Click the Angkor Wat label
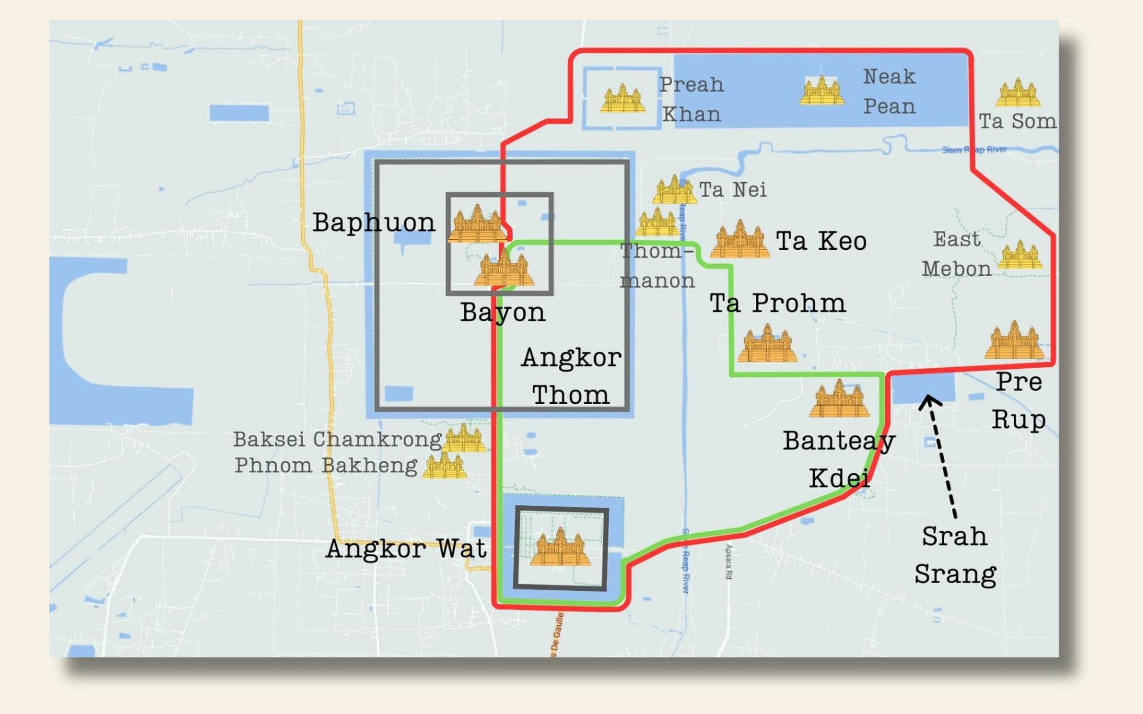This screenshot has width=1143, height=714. (x=406, y=549)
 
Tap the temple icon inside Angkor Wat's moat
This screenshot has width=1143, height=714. (x=560, y=548)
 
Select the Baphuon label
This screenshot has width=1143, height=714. (x=374, y=223)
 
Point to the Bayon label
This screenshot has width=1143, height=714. (x=502, y=312)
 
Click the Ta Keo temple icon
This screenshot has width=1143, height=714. (x=740, y=240)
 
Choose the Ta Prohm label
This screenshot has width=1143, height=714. (x=777, y=303)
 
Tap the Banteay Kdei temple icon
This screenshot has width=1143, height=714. (x=839, y=399)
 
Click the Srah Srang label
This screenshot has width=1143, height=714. (x=955, y=555)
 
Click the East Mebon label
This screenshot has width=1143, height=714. (x=957, y=254)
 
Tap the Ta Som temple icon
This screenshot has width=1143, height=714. (x=1017, y=93)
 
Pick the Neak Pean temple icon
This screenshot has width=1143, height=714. (x=822, y=91)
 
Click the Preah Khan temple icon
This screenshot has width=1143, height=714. (x=622, y=99)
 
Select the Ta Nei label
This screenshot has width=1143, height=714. (x=733, y=190)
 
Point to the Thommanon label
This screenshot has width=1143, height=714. (x=657, y=265)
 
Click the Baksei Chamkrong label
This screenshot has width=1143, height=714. (x=337, y=439)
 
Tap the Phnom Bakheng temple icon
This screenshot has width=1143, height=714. (x=444, y=466)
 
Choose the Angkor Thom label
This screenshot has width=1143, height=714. (x=571, y=376)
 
